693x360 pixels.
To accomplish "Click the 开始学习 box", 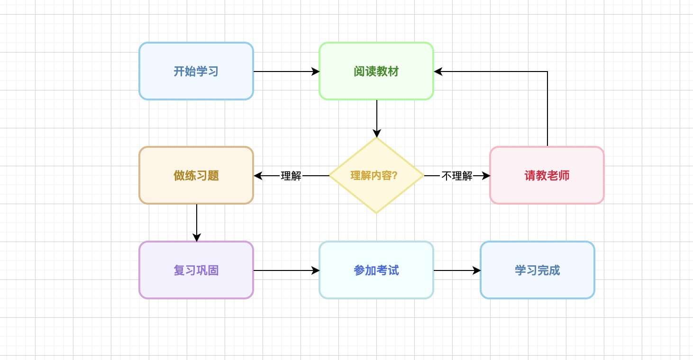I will (x=196, y=72).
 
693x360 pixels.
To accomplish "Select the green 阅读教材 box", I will (x=376, y=72).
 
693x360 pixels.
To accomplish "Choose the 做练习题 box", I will (x=196, y=176).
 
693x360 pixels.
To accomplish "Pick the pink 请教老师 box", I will (x=547, y=176).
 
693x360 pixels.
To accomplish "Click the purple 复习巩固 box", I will (x=196, y=270).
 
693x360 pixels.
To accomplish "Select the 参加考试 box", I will (x=376, y=270).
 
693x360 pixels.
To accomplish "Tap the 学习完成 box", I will (x=538, y=270).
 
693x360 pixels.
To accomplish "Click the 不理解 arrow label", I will (x=457, y=176).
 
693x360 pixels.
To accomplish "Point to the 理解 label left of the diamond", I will (x=291, y=176).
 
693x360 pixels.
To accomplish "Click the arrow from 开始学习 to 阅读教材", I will (x=284, y=72).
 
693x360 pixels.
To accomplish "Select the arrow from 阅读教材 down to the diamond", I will (x=377, y=116).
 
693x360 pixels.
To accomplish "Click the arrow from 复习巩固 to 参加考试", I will (x=284, y=270).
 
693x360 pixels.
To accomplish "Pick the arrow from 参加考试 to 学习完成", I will (x=456, y=270).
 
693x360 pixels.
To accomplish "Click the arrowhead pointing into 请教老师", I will (x=486, y=176).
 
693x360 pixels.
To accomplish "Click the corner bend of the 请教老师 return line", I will (x=547, y=72).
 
